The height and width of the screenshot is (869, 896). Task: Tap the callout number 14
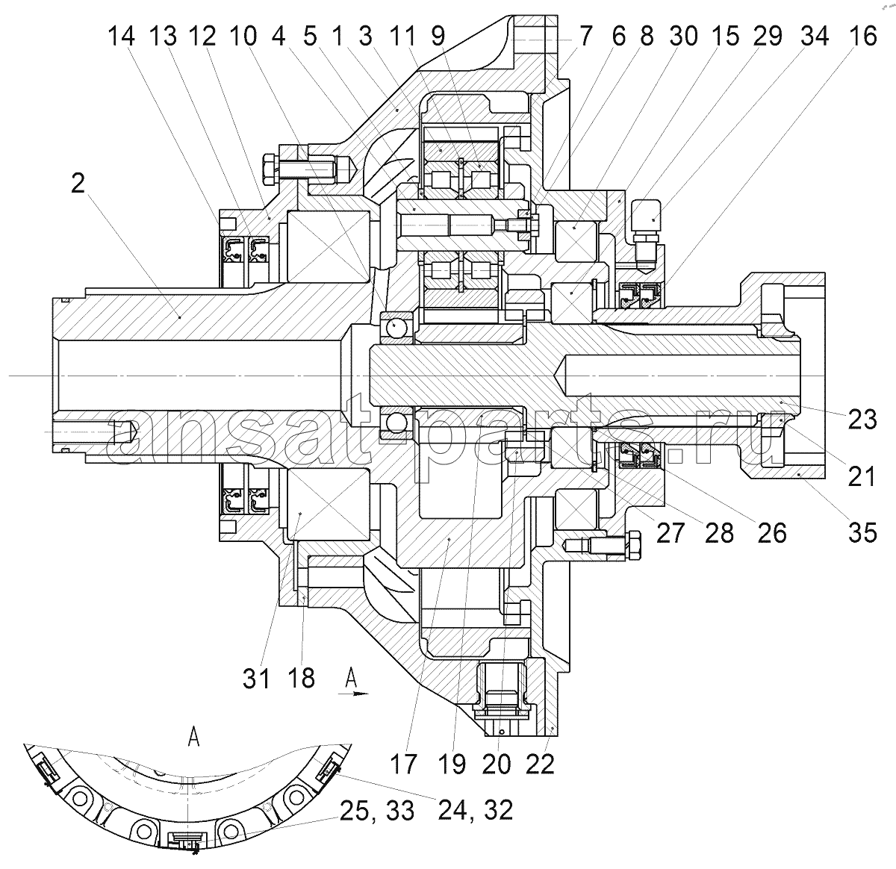121,36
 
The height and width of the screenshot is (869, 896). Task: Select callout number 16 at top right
863,36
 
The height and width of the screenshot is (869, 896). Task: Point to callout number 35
862,532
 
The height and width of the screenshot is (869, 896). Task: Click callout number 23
862,420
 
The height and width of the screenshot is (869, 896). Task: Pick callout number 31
256,679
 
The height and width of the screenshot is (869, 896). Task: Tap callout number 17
403,764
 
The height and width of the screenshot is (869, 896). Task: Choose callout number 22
540,764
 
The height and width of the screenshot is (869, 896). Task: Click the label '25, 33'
377,811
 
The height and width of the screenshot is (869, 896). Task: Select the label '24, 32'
475,810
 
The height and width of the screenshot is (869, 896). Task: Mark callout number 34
815,36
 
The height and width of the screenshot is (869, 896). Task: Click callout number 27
670,532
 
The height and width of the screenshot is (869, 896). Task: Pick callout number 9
438,36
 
